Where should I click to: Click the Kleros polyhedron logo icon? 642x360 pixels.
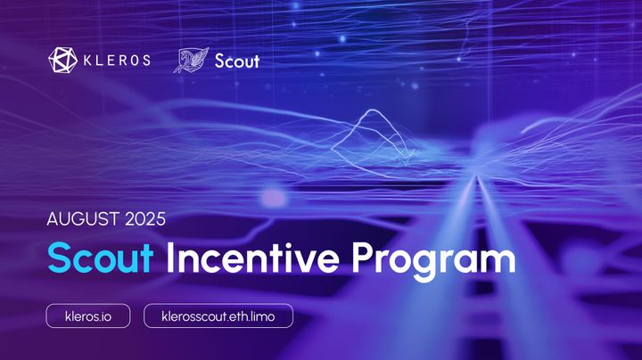click(x=63, y=60)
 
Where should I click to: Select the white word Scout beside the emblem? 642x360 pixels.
click(x=237, y=61)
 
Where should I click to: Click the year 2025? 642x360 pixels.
click(x=144, y=217)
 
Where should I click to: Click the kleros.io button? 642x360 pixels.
click(x=88, y=315)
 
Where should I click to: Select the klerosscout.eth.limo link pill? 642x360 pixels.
click(x=218, y=315)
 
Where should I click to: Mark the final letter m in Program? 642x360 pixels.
click(x=499, y=261)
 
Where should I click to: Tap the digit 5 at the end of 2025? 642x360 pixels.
click(x=160, y=217)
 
